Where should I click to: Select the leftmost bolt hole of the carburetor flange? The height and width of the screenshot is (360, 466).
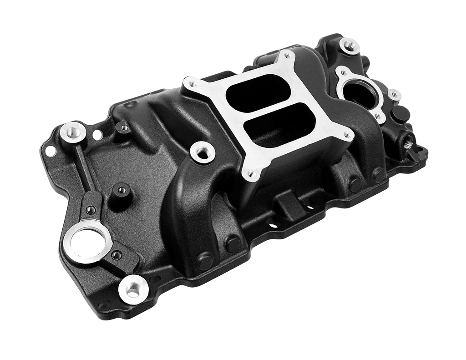(x=190, y=84)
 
